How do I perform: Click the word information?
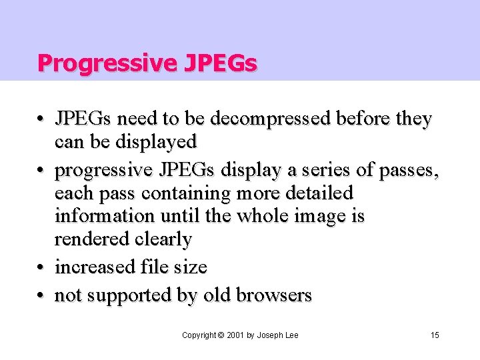click(x=103, y=216)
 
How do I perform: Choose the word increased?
click(x=95, y=267)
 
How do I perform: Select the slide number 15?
click(x=435, y=335)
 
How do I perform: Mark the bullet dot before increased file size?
click(x=42, y=267)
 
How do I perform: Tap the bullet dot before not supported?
click(x=42, y=295)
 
